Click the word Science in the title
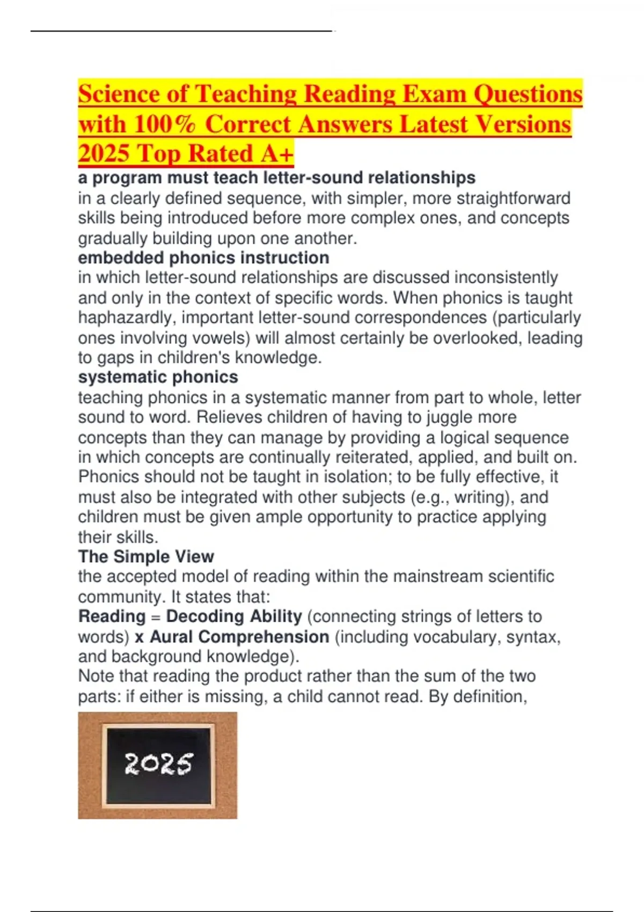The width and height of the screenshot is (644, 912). (x=118, y=94)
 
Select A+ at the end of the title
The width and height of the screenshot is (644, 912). (x=277, y=154)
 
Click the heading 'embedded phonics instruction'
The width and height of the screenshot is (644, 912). (x=203, y=258)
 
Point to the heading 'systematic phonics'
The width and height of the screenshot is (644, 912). (x=158, y=377)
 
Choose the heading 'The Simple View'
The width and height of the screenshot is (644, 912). (x=146, y=556)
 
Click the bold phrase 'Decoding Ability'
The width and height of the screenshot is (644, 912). (x=234, y=616)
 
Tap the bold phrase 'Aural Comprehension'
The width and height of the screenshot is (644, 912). (x=239, y=637)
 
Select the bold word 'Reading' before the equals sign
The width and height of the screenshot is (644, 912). (x=112, y=616)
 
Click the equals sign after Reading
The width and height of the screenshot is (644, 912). (x=156, y=617)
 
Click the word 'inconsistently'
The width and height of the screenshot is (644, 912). (x=506, y=278)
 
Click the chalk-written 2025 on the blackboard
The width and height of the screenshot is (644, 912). (x=158, y=764)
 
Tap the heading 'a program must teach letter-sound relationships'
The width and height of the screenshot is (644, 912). (x=276, y=178)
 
